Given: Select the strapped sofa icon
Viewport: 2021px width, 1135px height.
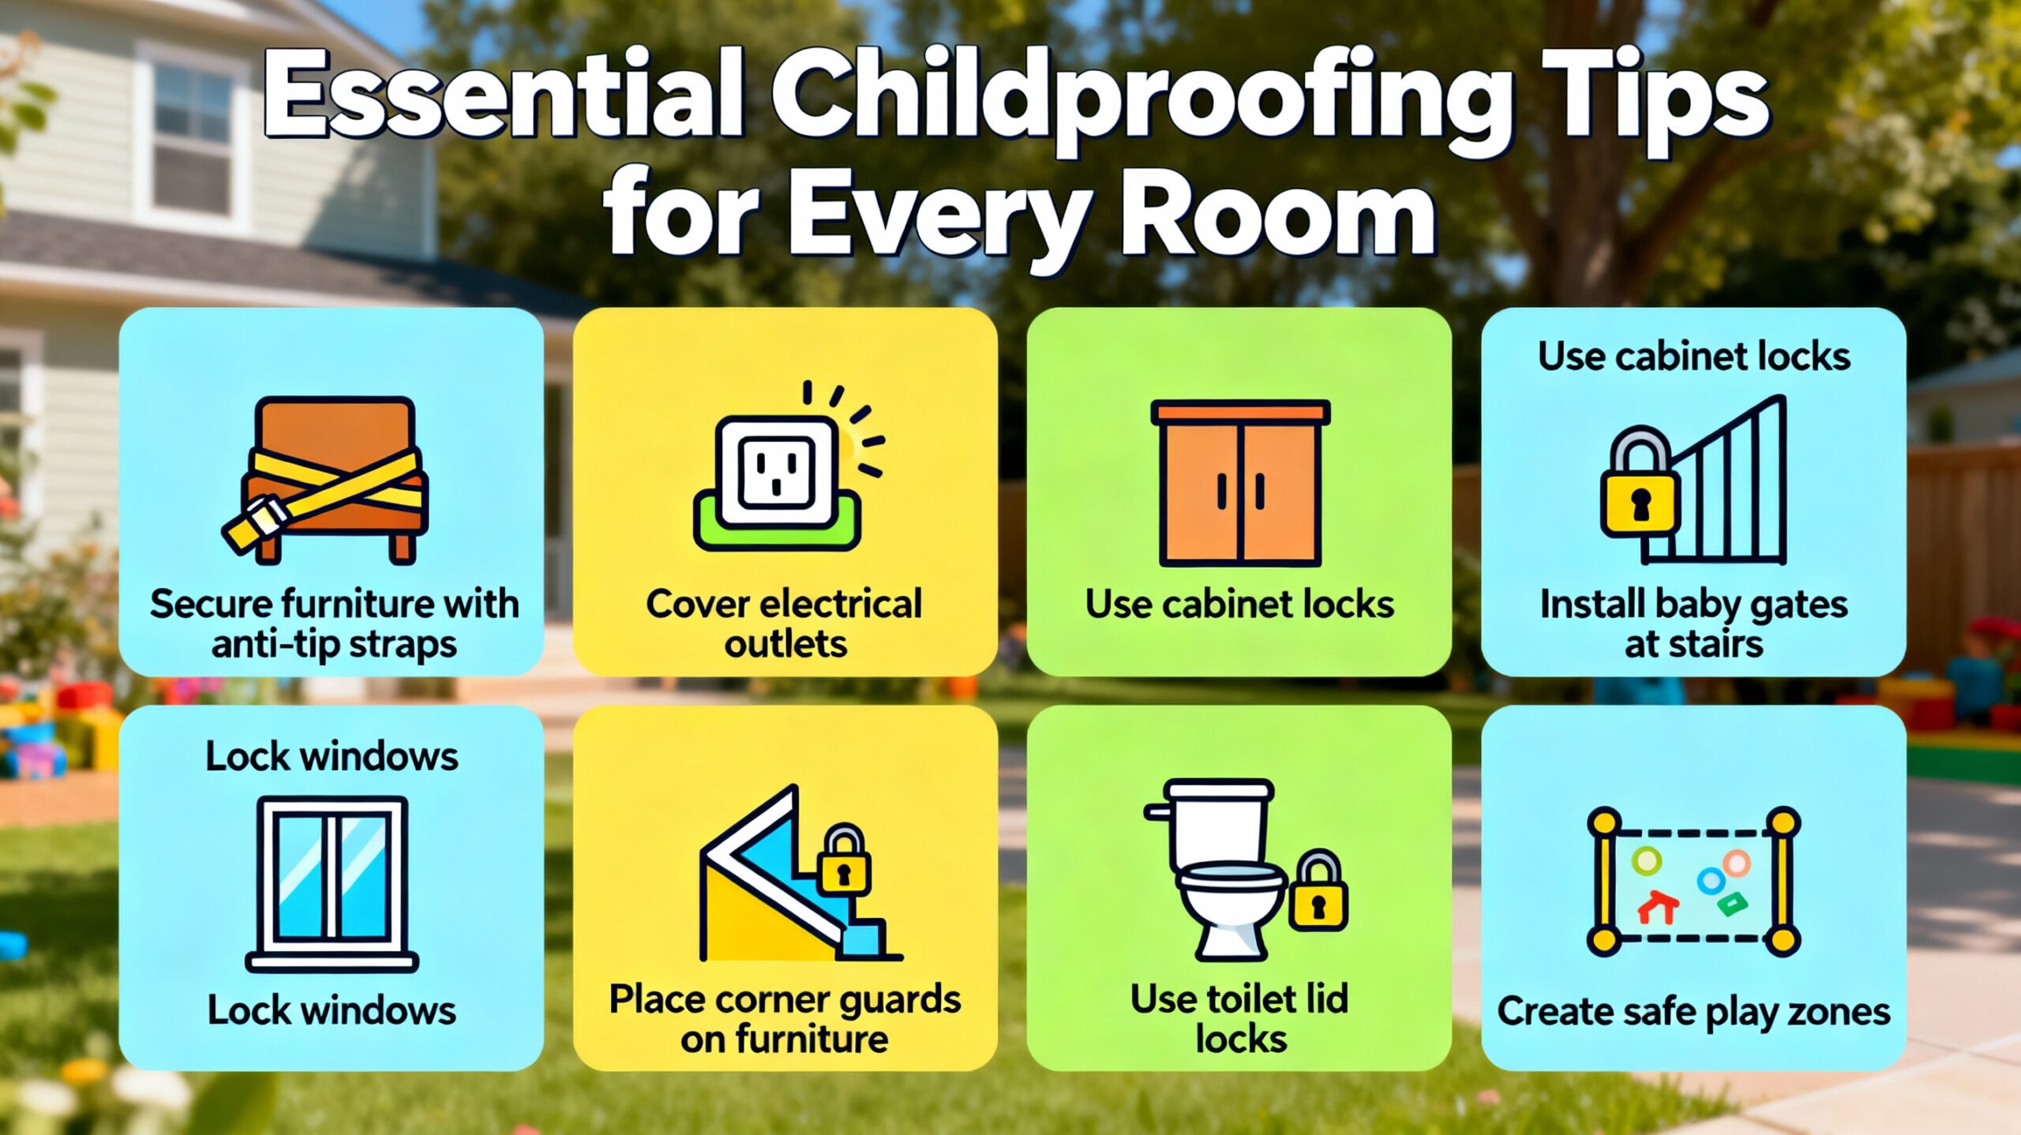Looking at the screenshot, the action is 325,480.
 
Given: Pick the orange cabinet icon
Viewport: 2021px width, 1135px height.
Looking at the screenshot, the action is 1240,483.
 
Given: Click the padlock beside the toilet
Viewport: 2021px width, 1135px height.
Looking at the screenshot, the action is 1318,890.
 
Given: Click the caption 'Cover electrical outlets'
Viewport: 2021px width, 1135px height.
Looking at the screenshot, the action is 785,624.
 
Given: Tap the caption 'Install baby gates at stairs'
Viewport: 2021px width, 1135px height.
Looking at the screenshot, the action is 1693,624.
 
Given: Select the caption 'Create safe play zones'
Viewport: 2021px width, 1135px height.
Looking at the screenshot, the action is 1694,1012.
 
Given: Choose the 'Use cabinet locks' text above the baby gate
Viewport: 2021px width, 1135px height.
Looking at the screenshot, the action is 1694,357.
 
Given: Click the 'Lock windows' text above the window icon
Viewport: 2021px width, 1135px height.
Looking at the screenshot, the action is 332,756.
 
